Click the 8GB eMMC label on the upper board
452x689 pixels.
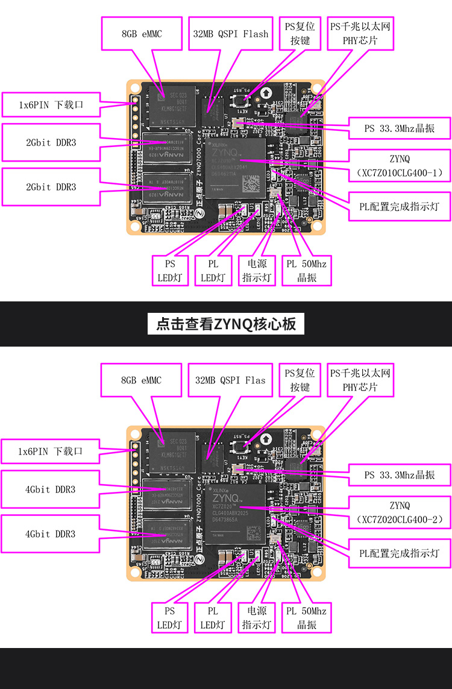142,33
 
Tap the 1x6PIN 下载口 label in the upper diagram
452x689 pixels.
51,104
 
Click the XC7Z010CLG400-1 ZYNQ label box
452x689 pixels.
400,166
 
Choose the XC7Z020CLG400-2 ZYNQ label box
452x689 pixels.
400,512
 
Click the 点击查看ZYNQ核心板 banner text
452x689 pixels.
226,324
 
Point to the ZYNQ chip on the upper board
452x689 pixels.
235,168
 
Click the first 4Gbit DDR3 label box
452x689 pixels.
51,489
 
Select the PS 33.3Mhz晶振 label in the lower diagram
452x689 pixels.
400,474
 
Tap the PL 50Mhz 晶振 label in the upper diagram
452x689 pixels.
306,271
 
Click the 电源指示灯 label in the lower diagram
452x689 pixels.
257,617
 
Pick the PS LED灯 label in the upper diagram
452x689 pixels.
169,271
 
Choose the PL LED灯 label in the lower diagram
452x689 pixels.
213,617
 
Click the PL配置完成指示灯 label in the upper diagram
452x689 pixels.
400,206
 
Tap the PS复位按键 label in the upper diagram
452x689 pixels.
300,33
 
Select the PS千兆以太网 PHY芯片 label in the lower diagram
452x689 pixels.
360,380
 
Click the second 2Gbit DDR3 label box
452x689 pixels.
51,187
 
